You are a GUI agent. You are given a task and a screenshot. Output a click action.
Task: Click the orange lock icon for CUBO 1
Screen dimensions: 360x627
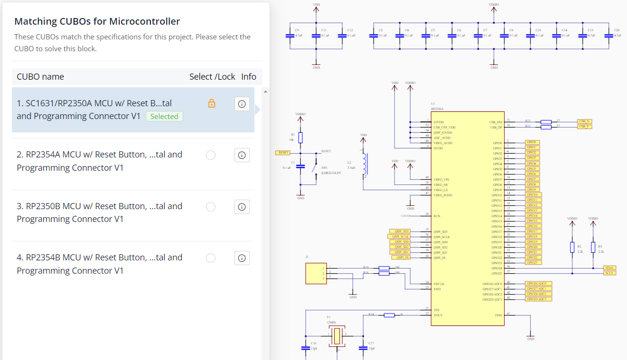coord(212,103)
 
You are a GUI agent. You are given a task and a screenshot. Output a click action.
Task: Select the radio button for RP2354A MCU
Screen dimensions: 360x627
coord(211,155)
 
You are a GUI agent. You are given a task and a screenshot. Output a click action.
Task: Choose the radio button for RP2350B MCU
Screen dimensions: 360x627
coord(211,207)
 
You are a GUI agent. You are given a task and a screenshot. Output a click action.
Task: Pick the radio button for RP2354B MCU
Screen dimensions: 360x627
coord(211,258)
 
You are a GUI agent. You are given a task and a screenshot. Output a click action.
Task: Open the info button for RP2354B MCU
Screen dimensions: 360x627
coord(242,258)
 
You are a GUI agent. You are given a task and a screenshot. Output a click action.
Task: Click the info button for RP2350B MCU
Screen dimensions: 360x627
coord(242,207)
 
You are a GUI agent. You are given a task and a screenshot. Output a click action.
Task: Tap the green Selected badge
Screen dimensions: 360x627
coord(164,117)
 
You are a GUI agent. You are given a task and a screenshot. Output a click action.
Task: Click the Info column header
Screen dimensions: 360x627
coord(249,77)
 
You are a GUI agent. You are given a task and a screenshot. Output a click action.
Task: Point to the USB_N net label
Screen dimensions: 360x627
coord(584,121)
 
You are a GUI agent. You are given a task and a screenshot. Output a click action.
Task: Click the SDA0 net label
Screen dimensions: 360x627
coord(609,268)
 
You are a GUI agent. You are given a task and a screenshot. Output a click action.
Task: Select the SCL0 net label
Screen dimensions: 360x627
coord(609,273)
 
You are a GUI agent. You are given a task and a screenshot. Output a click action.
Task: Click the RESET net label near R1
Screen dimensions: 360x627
coord(283,153)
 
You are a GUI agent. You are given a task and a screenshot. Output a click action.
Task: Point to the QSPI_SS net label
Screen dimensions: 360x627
coord(401,258)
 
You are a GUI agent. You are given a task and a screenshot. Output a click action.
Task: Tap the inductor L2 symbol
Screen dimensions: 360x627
coord(364,164)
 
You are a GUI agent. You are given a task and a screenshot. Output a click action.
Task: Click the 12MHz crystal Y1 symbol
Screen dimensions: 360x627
coord(337,335)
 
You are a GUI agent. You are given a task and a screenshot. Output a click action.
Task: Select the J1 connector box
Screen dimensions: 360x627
coord(316,273)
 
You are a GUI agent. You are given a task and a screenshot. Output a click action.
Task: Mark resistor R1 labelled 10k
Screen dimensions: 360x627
coord(300,138)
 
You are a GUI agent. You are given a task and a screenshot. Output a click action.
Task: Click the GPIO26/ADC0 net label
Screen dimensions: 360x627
coord(539,284)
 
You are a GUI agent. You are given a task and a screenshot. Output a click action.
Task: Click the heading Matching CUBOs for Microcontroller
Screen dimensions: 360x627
coord(97,21)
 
